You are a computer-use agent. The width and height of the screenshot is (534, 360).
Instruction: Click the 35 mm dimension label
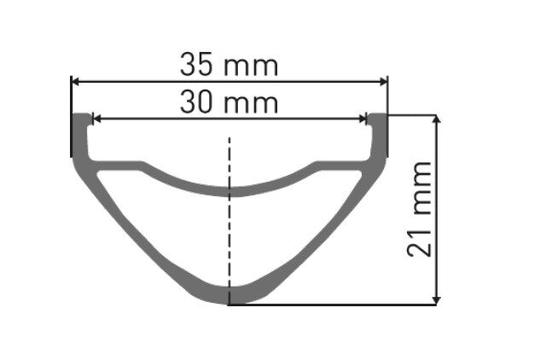pyautogui.click(x=229, y=64)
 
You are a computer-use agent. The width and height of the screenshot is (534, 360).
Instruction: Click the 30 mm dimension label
pyautogui.click(x=229, y=103)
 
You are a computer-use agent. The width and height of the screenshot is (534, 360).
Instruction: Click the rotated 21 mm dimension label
pyautogui.click(x=419, y=209)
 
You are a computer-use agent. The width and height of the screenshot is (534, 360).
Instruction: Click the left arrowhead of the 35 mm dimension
pyautogui.click(x=75, y=82)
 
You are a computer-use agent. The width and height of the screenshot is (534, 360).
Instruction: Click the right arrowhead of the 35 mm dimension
pyautogui.click(x=382, y=82)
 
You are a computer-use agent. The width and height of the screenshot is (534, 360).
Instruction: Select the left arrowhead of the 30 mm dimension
pyautogui.click(x=96, y=119)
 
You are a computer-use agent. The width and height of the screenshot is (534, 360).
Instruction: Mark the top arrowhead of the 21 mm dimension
pyautogui.click(x=437, y=119)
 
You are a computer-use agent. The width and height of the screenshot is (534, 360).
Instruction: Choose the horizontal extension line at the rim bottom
pyautogui.click(x=341, y=304)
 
